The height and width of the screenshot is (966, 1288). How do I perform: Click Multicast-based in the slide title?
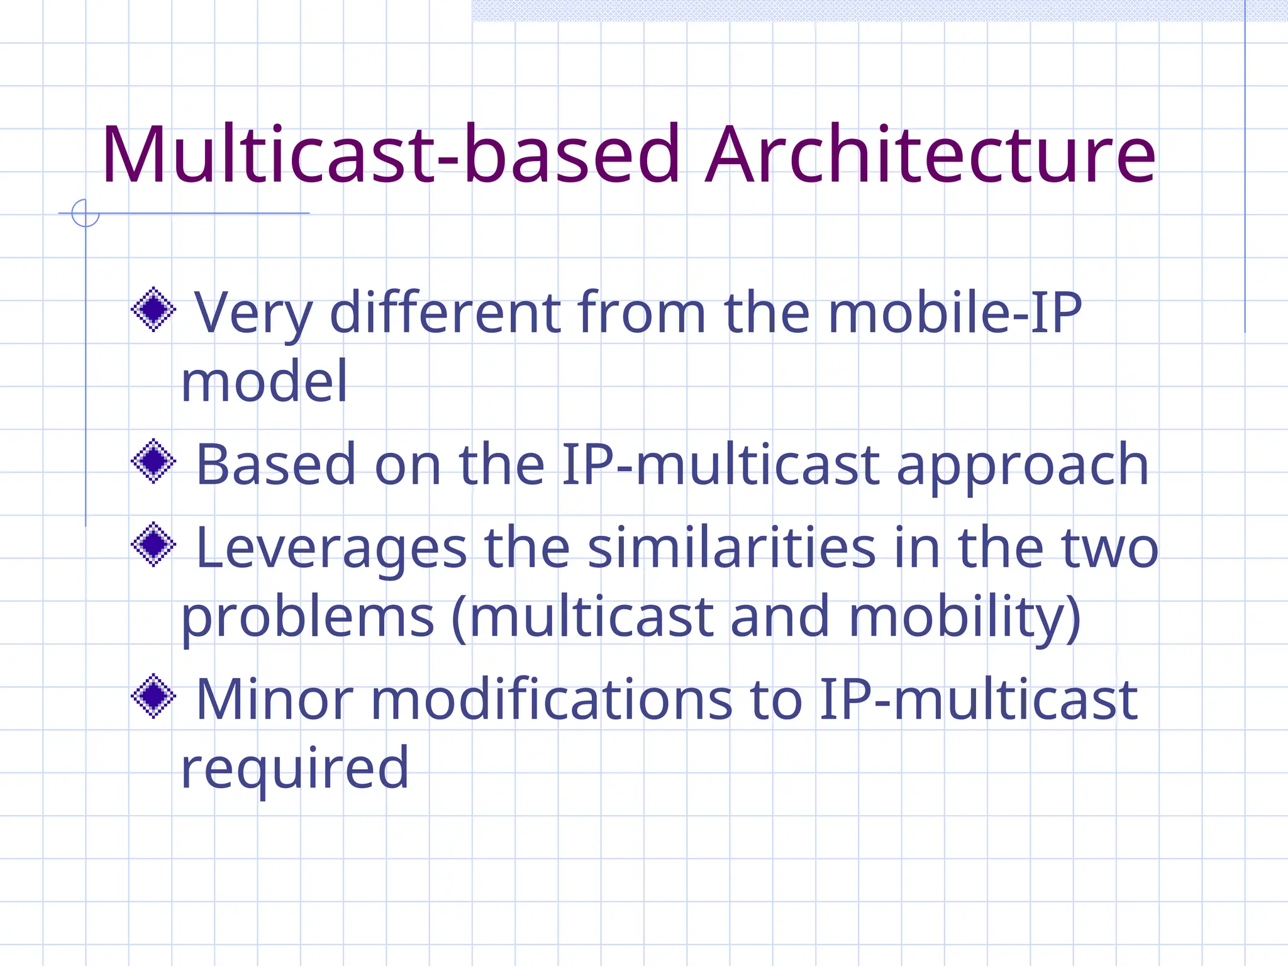390,155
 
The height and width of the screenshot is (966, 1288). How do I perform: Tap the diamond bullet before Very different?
153,309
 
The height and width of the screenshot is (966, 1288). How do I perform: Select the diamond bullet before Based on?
153,461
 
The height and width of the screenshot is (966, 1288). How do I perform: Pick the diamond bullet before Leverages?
153,544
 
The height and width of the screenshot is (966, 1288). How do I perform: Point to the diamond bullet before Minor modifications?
153,696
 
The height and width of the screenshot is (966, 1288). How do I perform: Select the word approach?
1023,465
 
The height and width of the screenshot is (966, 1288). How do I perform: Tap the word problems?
308,618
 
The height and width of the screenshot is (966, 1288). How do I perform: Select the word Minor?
274,700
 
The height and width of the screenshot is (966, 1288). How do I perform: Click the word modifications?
551,700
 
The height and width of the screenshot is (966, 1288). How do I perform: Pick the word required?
294,769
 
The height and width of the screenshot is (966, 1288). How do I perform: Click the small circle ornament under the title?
86,213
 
